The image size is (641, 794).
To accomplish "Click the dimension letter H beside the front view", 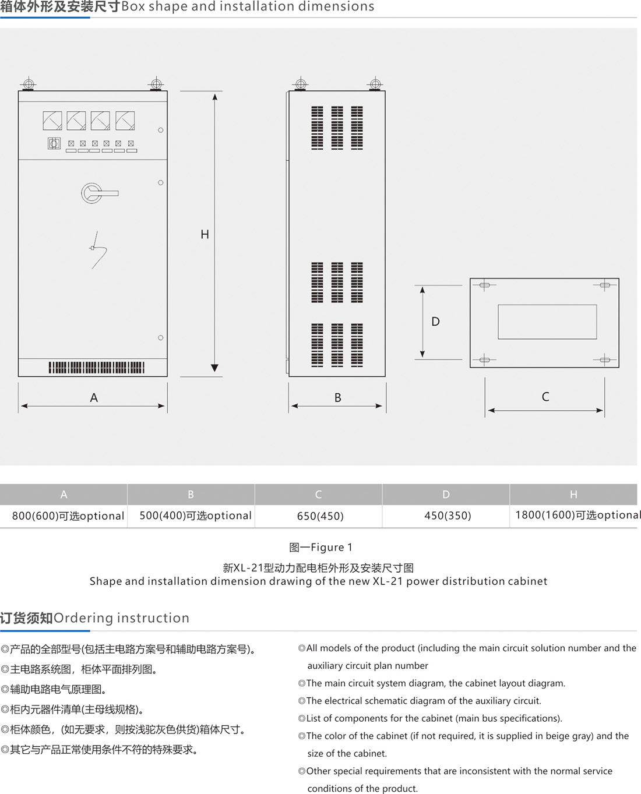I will coord(205,234).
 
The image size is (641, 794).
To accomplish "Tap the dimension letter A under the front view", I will coord(94,398).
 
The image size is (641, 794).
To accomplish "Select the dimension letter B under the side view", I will coord(337,398).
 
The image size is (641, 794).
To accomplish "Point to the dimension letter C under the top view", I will coord(545,397).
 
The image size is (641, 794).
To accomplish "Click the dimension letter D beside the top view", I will coord(435,322).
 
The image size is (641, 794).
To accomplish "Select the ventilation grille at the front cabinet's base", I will coord(96,368).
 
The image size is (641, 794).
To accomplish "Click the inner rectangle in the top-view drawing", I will coord(547,322).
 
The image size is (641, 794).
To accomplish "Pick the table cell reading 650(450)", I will coord(320,516).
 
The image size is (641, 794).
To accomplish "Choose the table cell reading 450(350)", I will coord(448,516).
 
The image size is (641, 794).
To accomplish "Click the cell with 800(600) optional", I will coord(68,516).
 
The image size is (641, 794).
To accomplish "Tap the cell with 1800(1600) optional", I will coord(577,515).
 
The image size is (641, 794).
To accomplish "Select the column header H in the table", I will coord(573,495).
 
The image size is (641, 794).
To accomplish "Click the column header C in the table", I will coord(318,495).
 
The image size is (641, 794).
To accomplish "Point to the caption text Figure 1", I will coord(320,547).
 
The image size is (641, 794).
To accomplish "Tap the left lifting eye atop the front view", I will coord(28,84).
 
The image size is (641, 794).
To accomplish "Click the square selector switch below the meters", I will coord(54,143).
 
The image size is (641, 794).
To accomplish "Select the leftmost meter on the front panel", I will coord(52,121).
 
